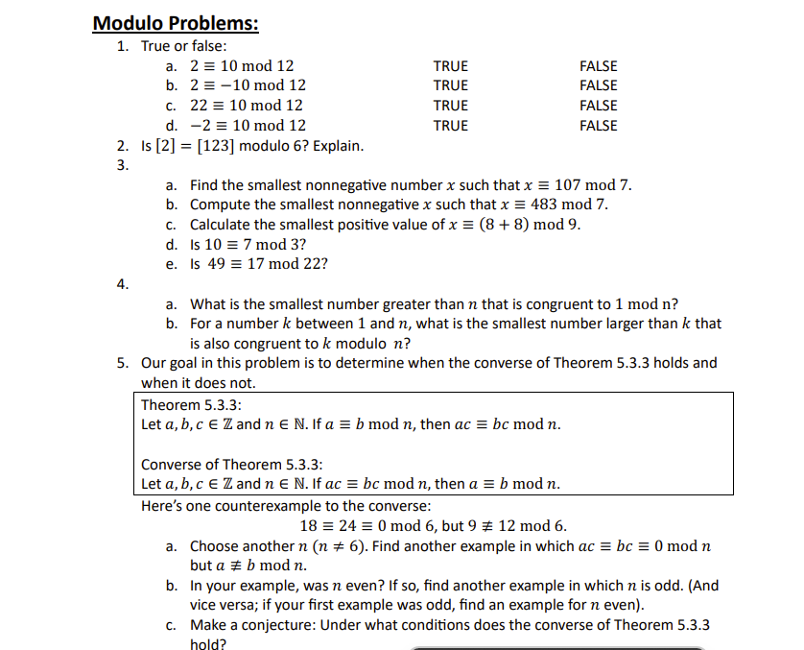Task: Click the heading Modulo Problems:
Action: pos(176,23)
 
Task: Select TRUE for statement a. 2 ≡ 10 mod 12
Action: pos(450,66)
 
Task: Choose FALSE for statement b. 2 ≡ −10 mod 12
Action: pos(598,85)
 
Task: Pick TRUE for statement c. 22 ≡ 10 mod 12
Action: pos(450,106)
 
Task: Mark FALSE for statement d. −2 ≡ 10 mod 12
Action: pos(598,126)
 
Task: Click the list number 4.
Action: pos(121,284)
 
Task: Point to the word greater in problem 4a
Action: pos(379,304)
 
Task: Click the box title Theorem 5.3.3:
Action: pos(183,404)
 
